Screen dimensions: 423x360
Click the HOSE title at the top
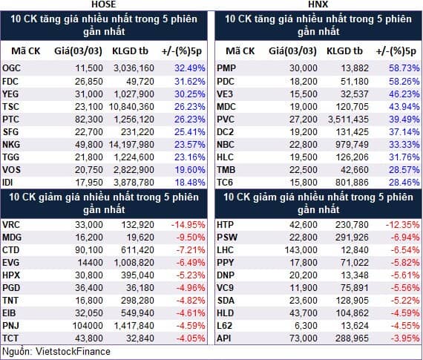(104, 4)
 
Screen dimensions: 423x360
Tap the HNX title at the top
(318, 4)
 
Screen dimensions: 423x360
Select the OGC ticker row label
(11, 68)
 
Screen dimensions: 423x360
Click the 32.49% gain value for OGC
(190, 68)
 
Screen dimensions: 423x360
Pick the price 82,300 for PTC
(89, 120)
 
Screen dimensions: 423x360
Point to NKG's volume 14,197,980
(131, 145)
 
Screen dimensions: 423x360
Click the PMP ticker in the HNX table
(226, 68)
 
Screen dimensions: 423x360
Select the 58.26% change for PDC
(404, 82)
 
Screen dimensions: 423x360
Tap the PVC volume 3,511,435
(348, 120)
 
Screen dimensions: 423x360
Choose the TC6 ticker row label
(225, 183)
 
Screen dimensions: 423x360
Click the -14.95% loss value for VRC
(188, 225)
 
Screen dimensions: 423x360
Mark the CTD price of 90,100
(89, 250)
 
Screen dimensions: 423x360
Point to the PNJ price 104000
(88, 326)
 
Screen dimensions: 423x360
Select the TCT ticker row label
(10, 338)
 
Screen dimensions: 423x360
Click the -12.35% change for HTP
(402, 225)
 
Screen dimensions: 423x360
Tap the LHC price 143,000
(301, 250)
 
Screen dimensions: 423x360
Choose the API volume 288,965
(352, 338)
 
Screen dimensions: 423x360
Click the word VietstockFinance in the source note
(73, 352)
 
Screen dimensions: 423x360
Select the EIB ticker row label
(9, 313)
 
